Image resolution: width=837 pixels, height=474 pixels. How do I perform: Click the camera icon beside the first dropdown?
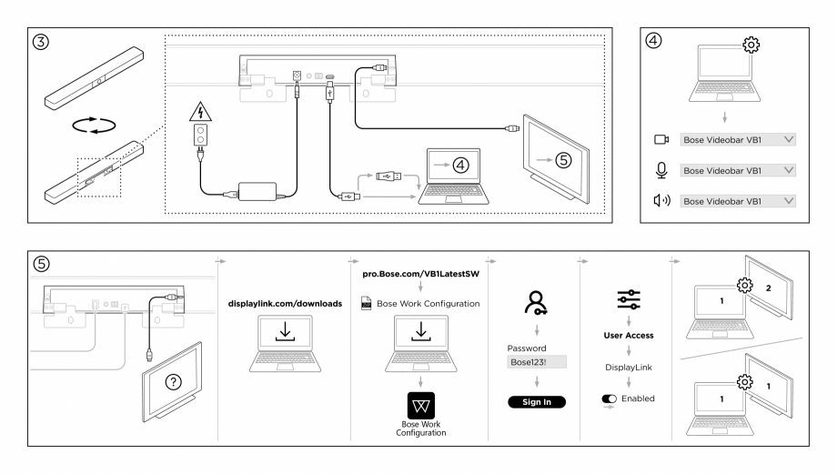pyautogui.click(x=661, y=140)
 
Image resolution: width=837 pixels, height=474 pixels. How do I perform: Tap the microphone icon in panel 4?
pyautogui.click(x=661, y=170)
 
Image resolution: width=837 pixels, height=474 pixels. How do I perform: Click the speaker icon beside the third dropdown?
pyautogui.click(x=661, y=200)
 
